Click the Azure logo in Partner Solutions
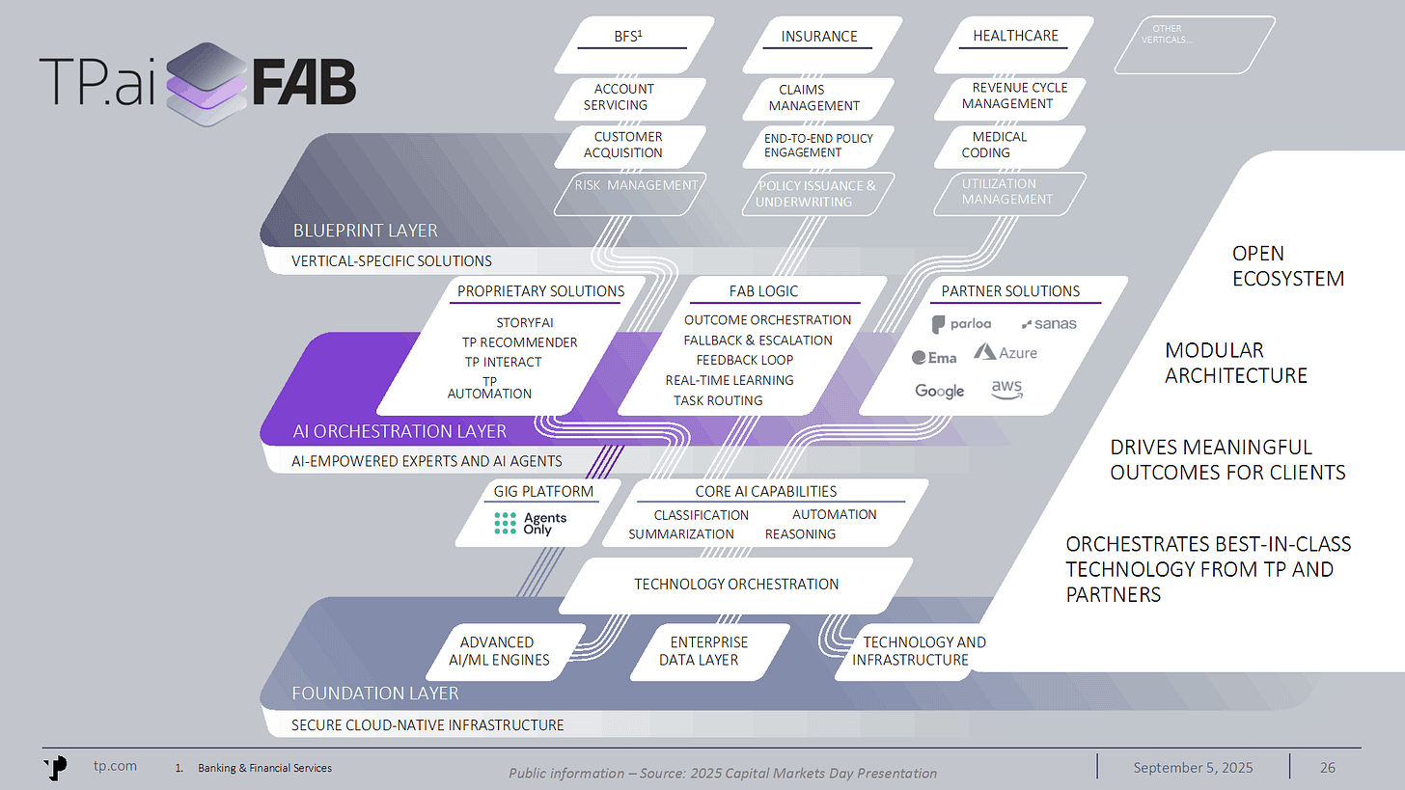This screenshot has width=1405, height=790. point(1006,353)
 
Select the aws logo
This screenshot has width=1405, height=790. point(1006,389)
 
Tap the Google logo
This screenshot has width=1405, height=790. point(939,391)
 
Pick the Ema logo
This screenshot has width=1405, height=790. point(934,358)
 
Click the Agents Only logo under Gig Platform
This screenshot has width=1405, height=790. point(530,524)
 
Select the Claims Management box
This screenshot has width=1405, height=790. point(814,97)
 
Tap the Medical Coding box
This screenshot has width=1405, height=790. point(998,145)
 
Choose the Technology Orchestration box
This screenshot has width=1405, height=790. point(735,584)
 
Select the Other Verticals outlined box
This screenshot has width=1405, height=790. point(1195,44)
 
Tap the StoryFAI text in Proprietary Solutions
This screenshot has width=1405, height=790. point(525,323)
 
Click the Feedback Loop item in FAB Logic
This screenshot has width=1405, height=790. point(744,360)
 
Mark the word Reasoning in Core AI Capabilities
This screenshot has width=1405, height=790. point(800,533)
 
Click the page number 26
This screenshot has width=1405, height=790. point(1328,768)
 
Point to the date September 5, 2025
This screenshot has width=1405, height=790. point(1193,768)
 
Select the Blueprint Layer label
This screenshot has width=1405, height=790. point(365,231)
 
